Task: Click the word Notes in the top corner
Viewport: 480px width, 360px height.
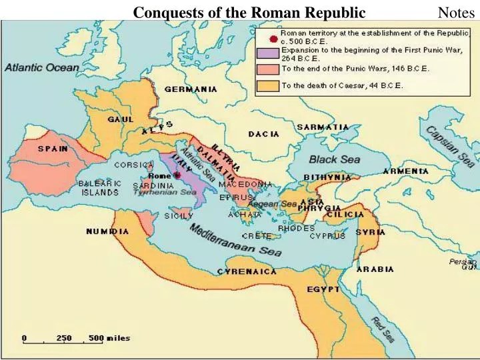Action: click(456, 12)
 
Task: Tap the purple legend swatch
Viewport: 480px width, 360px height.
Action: click(268, 53)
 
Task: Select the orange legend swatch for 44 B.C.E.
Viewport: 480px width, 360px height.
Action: click(268, 85)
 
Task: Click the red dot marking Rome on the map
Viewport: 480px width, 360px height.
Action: click(177, 175)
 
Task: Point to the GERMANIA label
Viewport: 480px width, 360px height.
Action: click(191, 89)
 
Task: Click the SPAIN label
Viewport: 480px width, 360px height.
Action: click(53, 149)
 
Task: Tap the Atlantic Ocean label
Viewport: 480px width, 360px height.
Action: click(42, 67)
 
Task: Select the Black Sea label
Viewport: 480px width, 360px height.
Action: click(334, 160)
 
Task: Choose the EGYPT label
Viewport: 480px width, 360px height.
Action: click(323, 289)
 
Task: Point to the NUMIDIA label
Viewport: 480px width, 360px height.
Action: click(107, 231)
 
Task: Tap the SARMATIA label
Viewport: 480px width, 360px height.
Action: click(323, 127)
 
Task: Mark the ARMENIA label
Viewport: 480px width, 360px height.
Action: click(406, 171)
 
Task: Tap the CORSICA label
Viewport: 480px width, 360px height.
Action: click(134, 165)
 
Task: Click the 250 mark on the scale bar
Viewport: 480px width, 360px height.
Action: click(63, 338)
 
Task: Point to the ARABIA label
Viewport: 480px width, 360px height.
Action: click(375, 269)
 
